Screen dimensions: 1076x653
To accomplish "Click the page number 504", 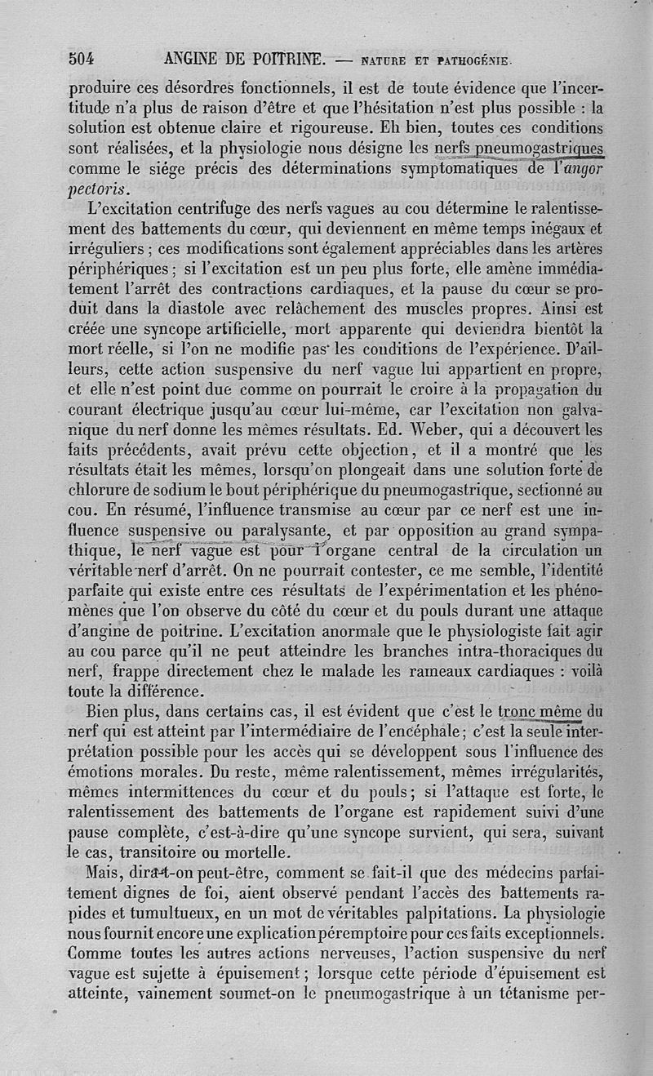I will (82, 58).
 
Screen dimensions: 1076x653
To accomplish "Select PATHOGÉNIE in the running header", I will (475, 60).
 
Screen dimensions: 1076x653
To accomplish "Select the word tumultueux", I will (175, 911).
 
